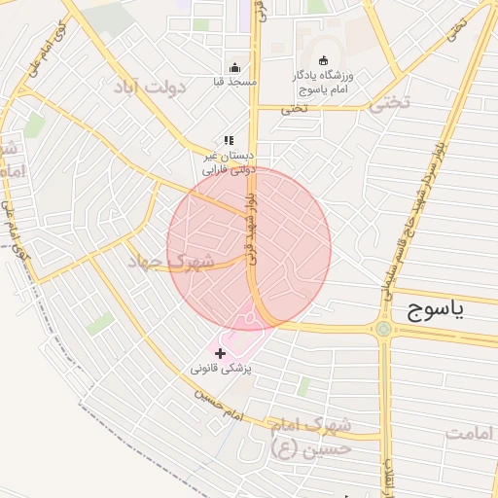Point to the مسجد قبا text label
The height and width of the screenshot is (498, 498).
point(235,83)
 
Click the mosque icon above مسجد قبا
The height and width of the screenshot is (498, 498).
point(234,67)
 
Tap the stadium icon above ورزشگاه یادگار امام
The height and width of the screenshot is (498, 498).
point(324,60)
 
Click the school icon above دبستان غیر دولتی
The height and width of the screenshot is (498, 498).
point(230,141)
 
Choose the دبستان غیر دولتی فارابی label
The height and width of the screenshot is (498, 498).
point(228,161)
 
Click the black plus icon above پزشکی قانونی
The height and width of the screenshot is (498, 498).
point(219,352)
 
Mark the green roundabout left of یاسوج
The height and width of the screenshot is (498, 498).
point(383,329)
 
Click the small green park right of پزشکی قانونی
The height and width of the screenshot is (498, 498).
point(303,386)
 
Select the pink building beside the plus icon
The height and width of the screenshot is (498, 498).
point(243,342)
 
